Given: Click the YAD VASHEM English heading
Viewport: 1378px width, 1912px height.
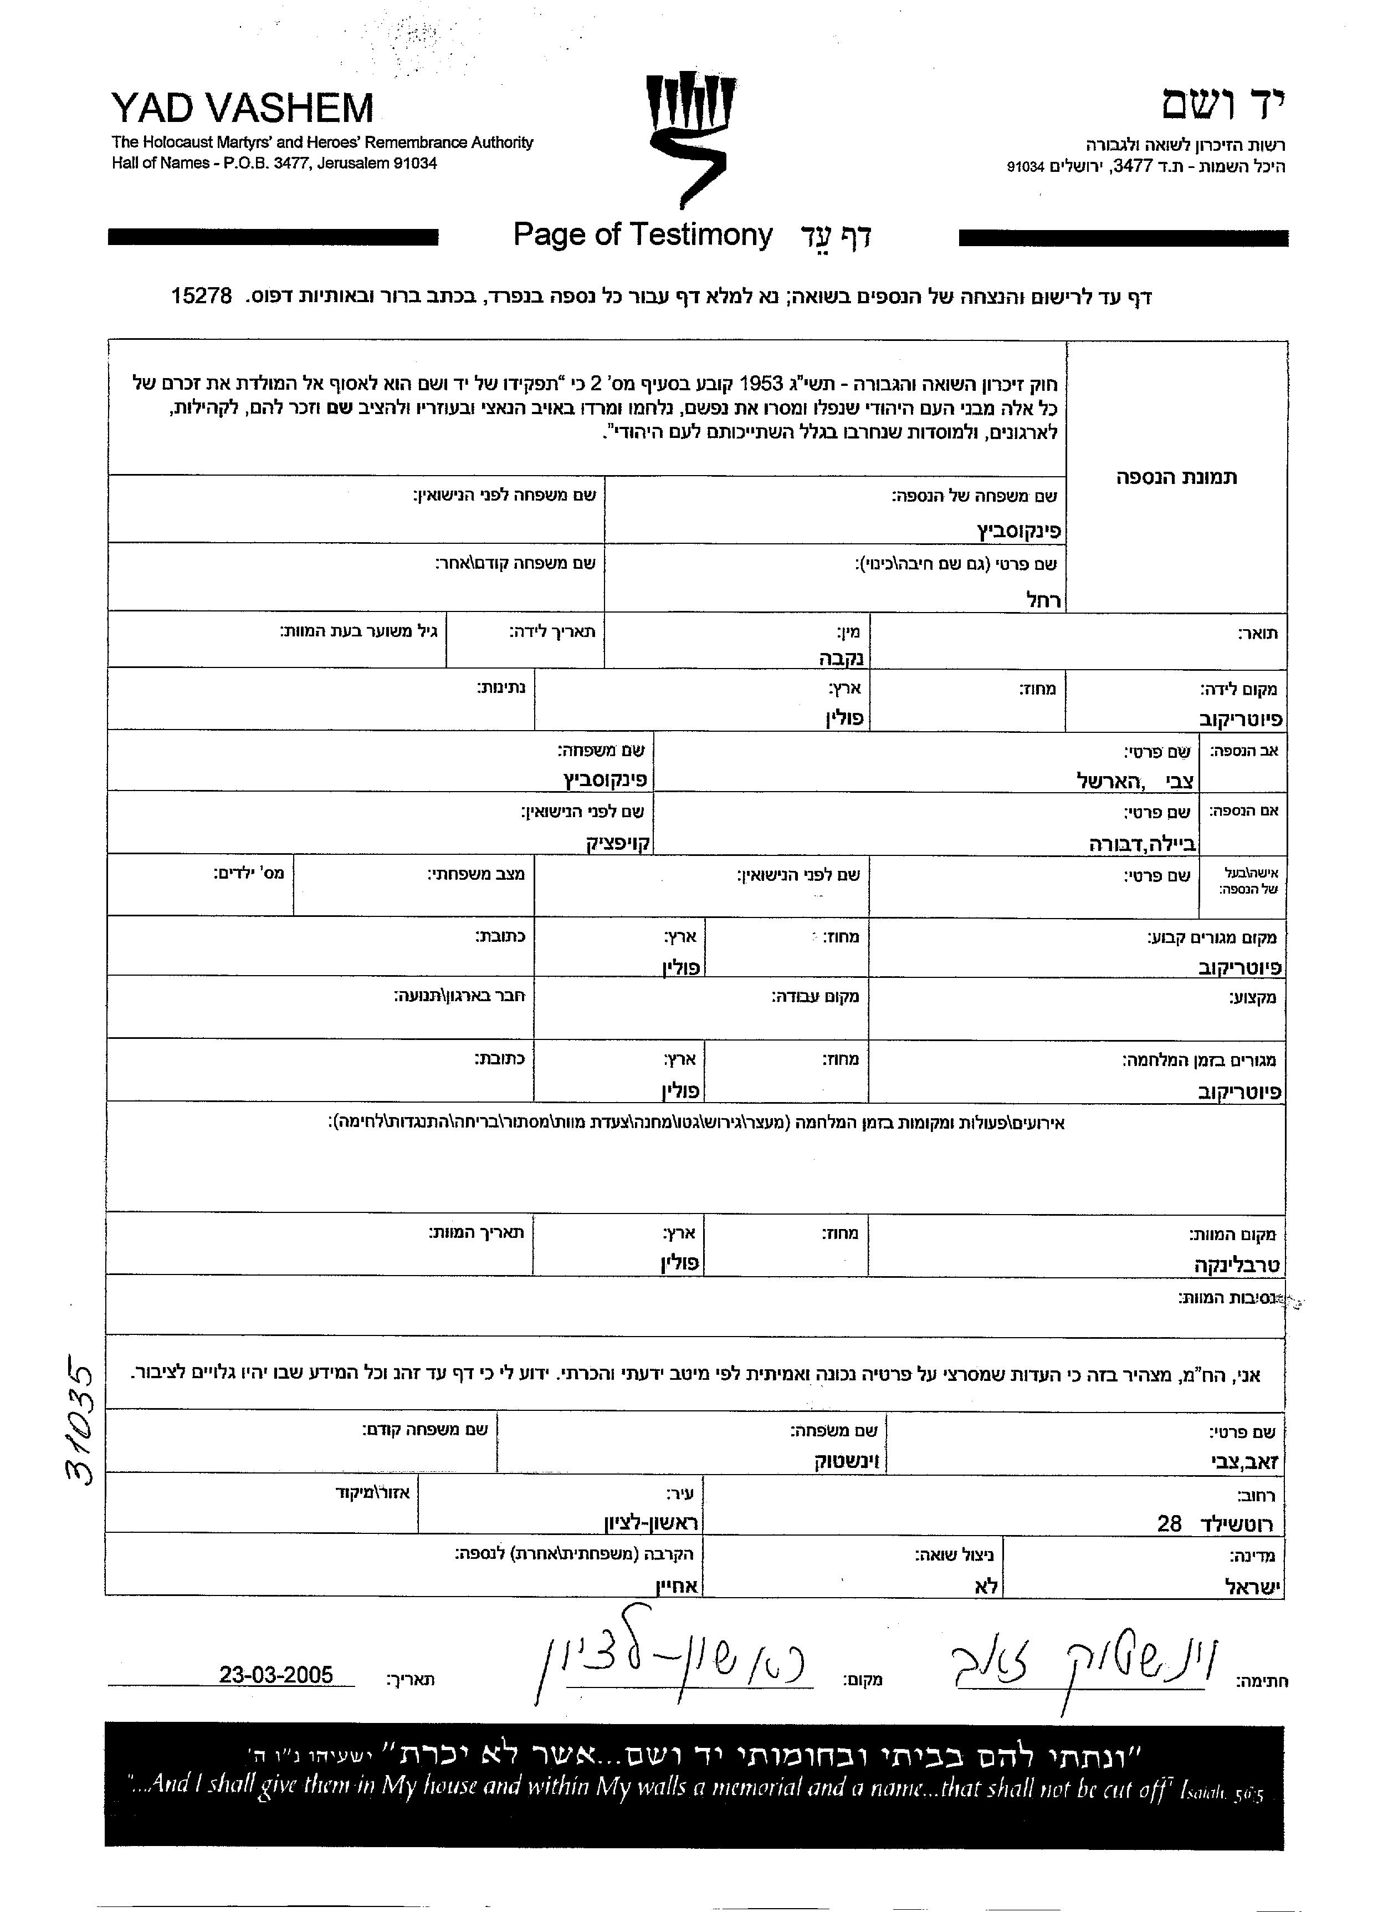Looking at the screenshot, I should pos(242,108).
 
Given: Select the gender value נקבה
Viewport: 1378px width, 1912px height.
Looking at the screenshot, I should pos(842,657).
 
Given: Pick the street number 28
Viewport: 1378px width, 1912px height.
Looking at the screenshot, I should pos(1169,1523).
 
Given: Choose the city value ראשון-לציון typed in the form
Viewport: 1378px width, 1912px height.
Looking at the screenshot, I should pos(652,1523).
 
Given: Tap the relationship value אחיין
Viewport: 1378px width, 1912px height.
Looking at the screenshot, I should pos(675,1587).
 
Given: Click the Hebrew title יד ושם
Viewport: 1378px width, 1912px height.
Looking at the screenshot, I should pos(1224,104).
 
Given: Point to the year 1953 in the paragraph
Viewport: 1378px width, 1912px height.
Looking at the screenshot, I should pos(761,385).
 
